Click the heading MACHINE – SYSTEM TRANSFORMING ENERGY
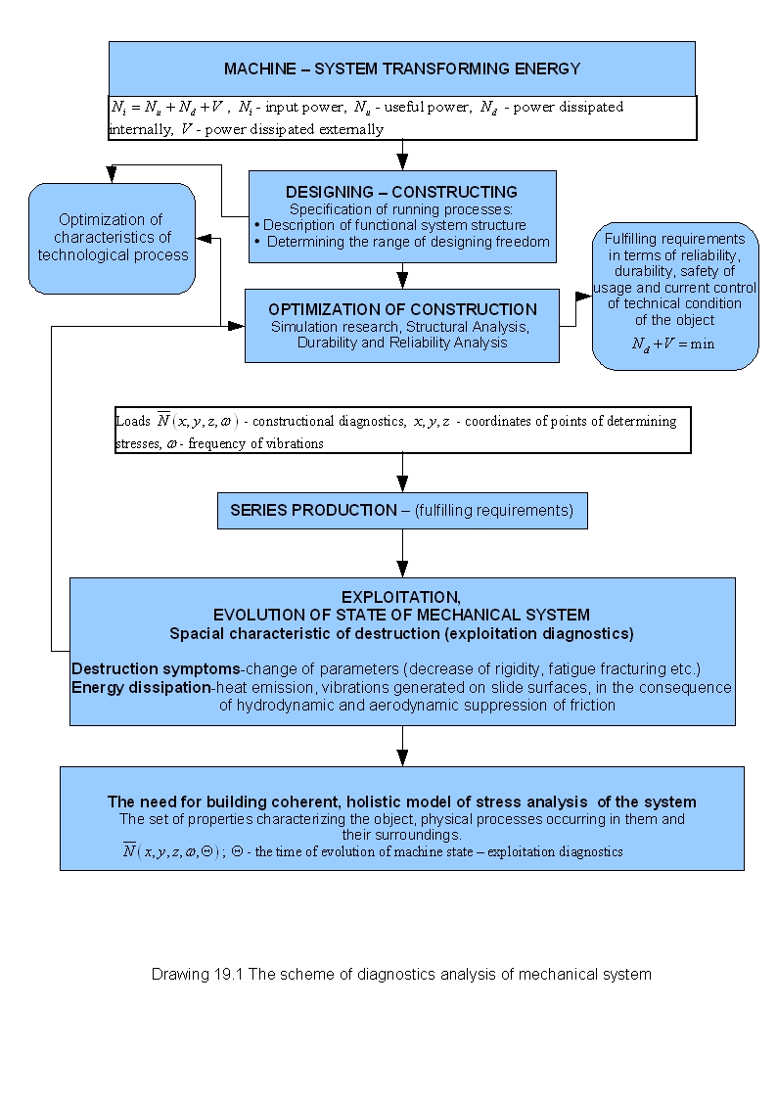[401, 69]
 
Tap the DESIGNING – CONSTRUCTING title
[401, 192]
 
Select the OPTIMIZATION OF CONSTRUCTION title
[402, 309]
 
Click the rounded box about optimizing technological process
[112, 237]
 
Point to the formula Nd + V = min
[673, 343]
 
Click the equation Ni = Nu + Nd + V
[169, 108]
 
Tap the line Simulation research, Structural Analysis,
[401, 326]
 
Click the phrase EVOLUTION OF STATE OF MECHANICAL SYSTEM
[401, 615]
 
